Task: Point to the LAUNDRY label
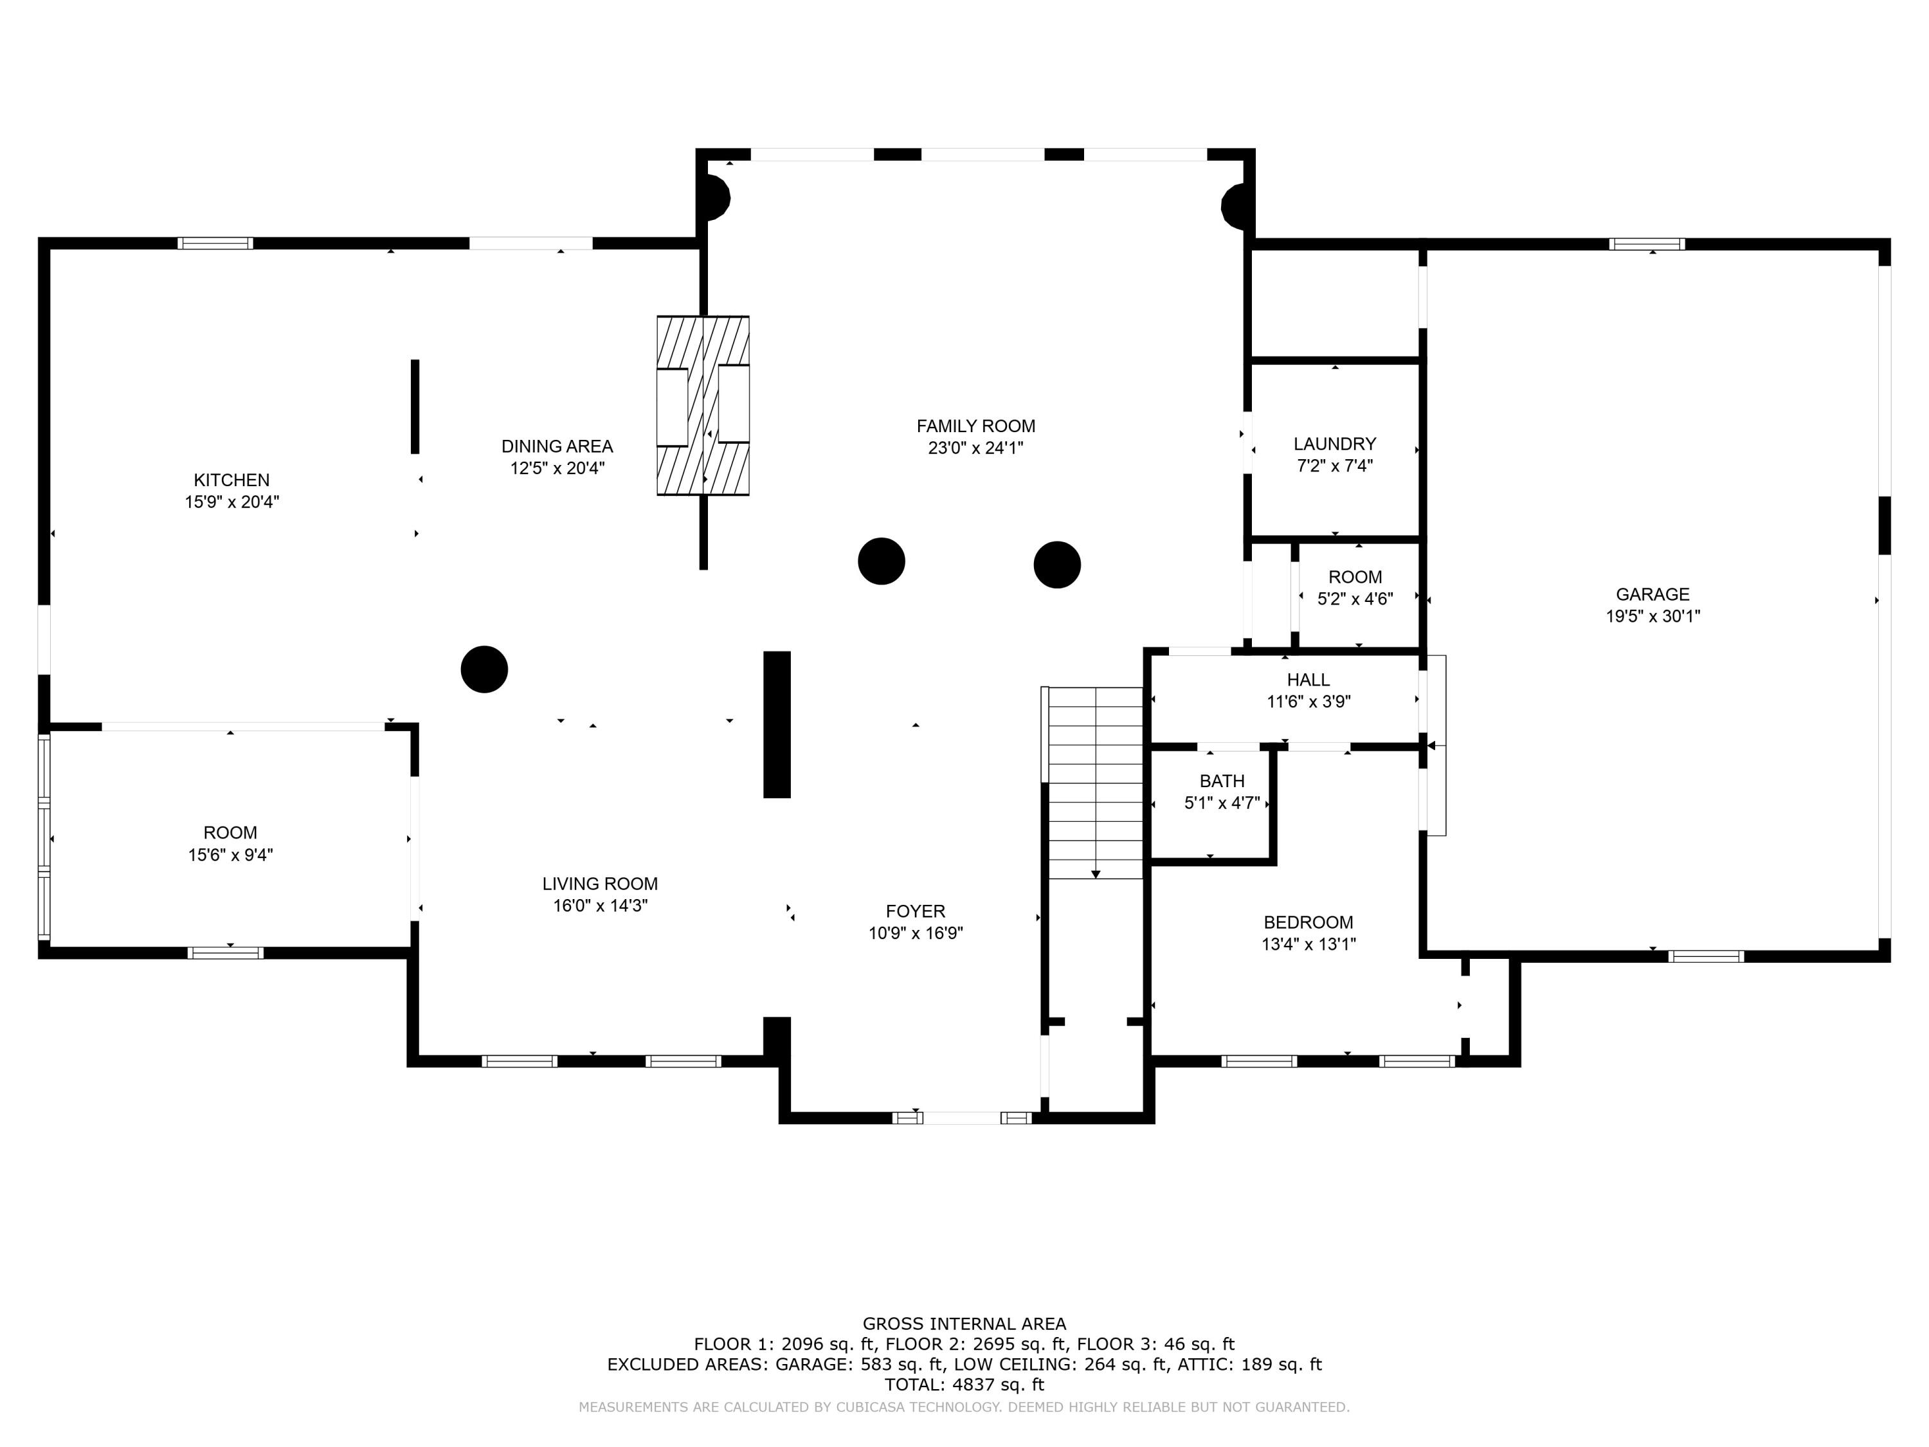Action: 1334,444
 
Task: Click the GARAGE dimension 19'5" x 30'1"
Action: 1653,616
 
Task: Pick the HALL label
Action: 1308,680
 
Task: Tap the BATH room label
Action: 1221,781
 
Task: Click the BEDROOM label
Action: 1308,922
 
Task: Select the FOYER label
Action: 915,911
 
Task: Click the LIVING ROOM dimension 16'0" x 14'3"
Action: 600,906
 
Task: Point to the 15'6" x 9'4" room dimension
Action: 230,855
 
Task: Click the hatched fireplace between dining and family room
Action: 703,406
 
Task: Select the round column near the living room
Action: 484,669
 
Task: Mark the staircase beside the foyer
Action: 1095,783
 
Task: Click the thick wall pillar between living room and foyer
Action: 776,724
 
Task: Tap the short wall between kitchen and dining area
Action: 415,406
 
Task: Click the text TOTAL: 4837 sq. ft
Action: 964,1384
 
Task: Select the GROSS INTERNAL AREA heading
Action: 964,1324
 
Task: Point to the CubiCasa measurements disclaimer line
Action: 964,1407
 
